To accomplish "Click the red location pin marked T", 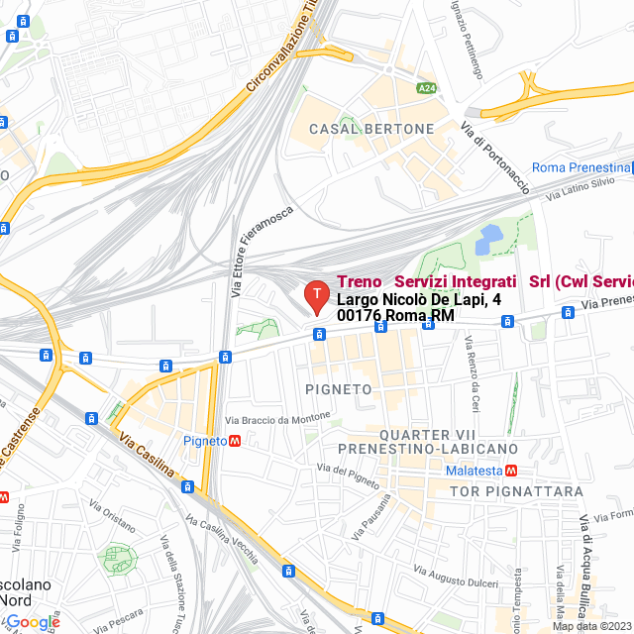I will point(316,295).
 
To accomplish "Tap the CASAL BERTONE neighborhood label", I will point(371,130).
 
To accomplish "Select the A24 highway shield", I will point(426,88).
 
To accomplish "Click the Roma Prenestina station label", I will point(581,167).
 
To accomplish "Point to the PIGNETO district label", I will point(339,389).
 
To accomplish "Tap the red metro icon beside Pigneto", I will point(235,440).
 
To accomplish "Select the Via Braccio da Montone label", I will point(277,419).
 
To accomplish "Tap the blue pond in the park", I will point(489,239).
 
